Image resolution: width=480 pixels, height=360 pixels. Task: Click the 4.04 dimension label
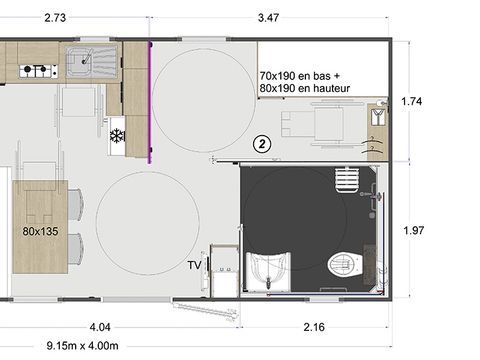pyautogui.click(x=100, y=327)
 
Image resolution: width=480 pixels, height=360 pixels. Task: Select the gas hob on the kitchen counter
pyautogui.click(x=37, y=70)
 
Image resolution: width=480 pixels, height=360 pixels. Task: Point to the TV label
pyautogui.click(x=195, y=265)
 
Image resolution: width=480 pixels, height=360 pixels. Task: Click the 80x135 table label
pyautogui.click(x=41, y=230)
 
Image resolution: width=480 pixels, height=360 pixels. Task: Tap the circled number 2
pyautogui.click(x=261, y=144)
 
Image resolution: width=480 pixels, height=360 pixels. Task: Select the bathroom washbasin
pyautogui.click(x=268, y=270)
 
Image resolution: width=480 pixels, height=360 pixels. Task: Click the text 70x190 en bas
pyautogui.click(x=299, y=76)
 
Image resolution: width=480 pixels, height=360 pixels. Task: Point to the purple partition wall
pyautogui.click(x=150, y=100)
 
